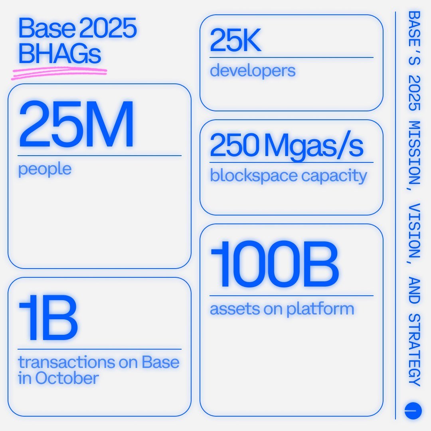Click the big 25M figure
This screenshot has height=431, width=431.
[76, 125]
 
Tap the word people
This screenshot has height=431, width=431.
[45, 169]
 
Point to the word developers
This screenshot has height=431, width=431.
[253, 71]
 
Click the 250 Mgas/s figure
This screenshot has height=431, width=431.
[287, 146]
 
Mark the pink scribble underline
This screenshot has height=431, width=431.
[60, 72]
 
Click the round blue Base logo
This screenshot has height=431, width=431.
[413, 411]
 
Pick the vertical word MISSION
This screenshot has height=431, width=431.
[415, 152]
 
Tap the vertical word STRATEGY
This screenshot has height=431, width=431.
[415, 350]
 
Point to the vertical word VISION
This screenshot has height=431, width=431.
[415, 231]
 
